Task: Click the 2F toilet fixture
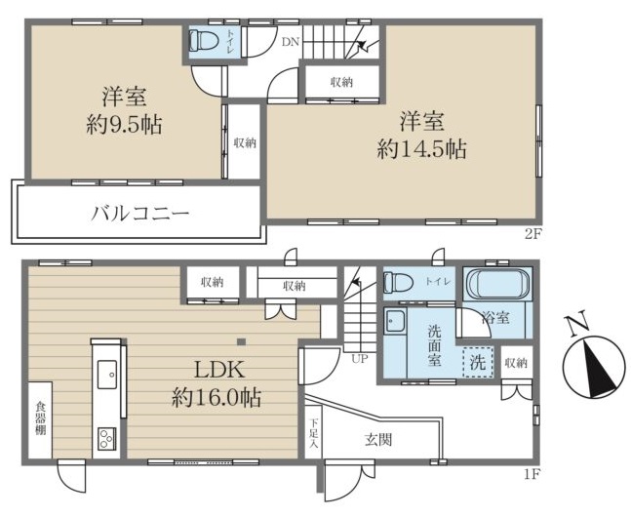[204, 40]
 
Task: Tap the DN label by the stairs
[291, 42]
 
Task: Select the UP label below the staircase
[359, 358]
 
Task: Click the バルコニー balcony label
[139, 213]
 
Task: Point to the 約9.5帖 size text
[125, 125]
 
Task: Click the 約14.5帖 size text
[421, 149]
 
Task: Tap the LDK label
[219, 370]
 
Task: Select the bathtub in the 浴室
[497, 284]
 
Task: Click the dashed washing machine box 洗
[478, 362]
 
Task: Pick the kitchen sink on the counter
[107, 374]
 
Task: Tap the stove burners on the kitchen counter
[106, 439]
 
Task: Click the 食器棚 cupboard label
[40, 418]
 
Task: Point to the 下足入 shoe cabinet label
[313, 433]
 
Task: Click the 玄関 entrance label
[378, 440]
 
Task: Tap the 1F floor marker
[532, 474]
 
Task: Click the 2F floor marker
[532, 234]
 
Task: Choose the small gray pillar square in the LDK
[241, 342]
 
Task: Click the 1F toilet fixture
[399, 282]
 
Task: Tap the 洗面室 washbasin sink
[395, 321]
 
